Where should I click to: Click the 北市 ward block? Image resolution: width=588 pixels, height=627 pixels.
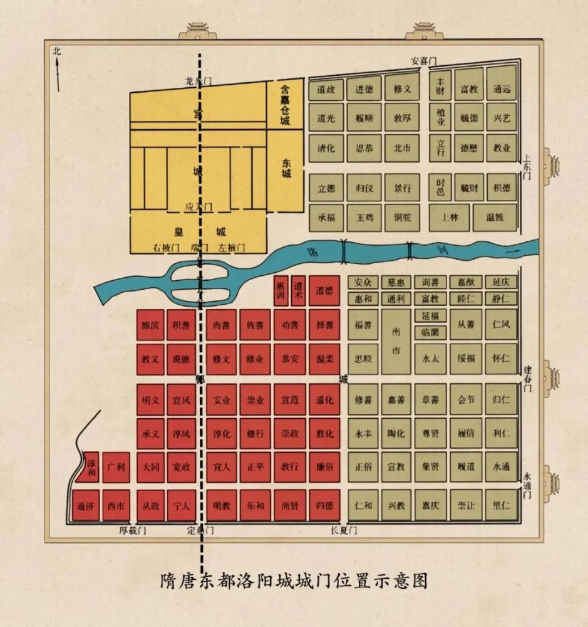(x=402, y=149)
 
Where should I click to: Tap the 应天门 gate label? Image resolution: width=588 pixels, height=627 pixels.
(x=199, y=206)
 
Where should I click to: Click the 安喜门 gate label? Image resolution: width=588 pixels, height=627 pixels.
(x=423, y=61)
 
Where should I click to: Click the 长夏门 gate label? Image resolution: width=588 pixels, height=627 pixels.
(x=344, y=530)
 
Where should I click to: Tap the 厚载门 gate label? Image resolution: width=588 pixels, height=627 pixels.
(x=133, y=530)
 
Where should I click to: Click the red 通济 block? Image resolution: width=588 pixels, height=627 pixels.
(x=85, y=506)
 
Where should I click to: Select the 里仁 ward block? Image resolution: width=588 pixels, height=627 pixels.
(x=502, y=505)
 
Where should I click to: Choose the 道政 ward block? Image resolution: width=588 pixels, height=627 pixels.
(x=326, y=89)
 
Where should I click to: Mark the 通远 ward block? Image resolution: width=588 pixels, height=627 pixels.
(x=502, y=89)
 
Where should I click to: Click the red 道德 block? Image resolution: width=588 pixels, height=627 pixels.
(x=324, y=291)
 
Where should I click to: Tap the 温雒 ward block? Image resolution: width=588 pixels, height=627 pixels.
(x=495, y=218)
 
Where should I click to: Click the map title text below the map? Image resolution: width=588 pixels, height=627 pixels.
(x=294, y=580)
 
